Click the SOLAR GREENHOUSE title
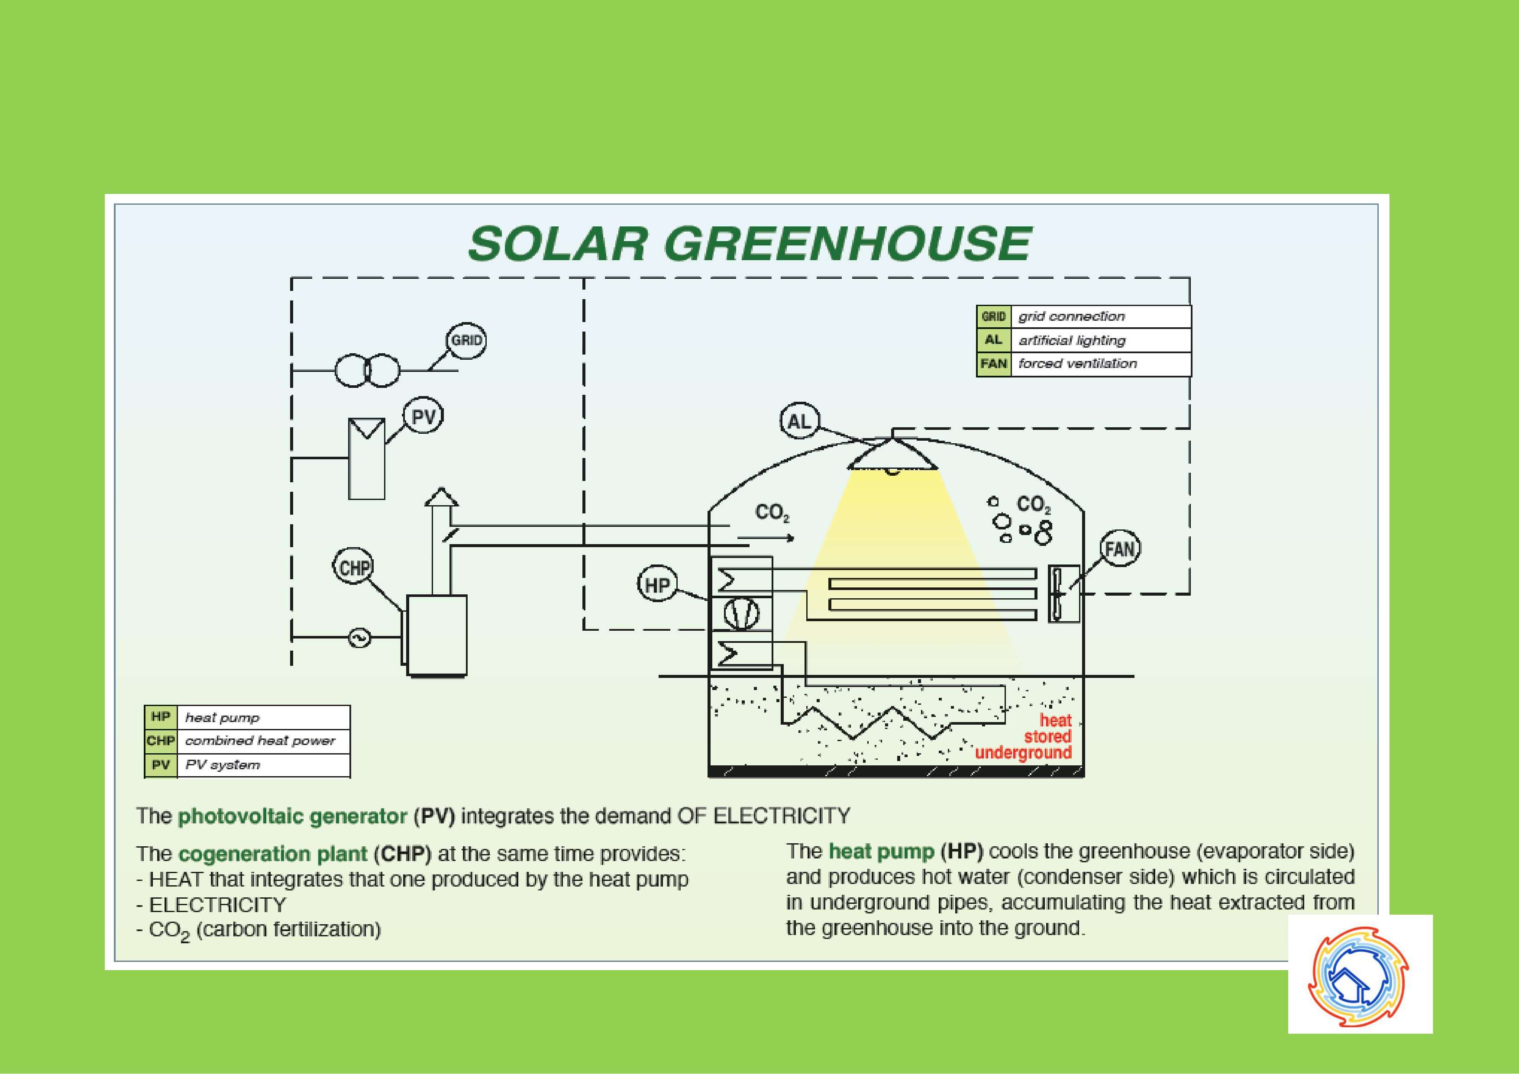[x=749, y=243]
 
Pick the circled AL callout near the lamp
[x=800, y=421]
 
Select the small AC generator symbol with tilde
[x=360, y=638]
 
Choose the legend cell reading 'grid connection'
[x=1101, y=316]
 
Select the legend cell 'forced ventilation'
[x=1101, y=364]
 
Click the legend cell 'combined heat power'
[x=263, y=741]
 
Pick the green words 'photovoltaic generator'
[x=292, y=816]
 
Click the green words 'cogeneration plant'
[x=272, y=854]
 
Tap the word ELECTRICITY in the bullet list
[x=218, y=905]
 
